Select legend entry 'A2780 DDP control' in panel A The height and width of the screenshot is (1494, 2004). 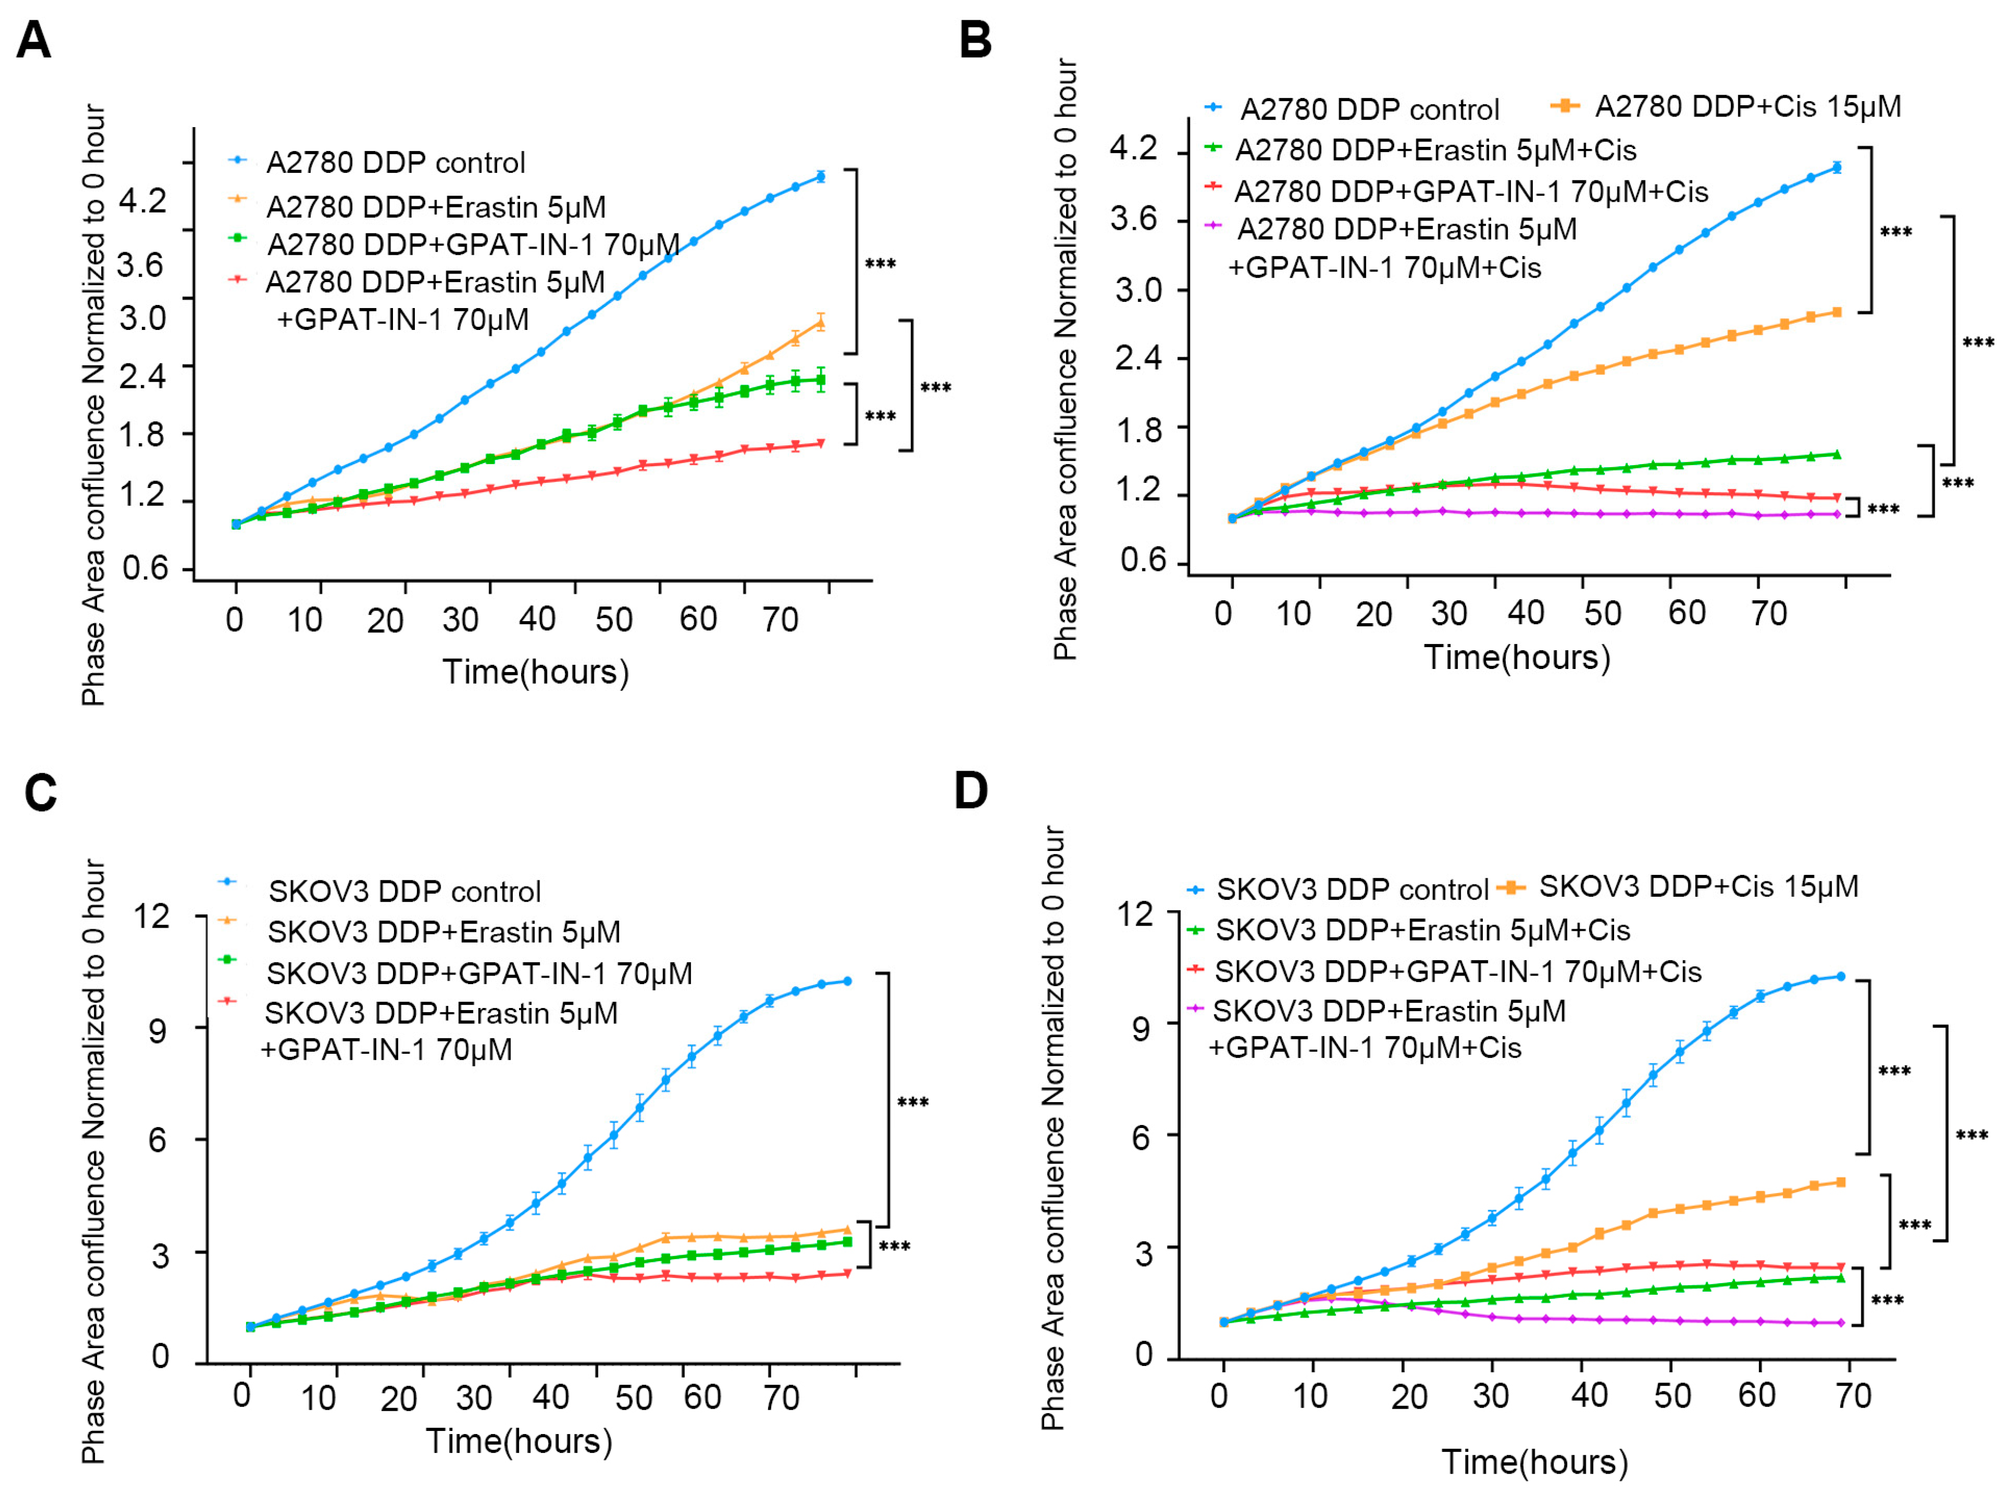[x=395, y=163]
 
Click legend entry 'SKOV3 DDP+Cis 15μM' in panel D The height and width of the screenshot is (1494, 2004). [x=1697, y=886]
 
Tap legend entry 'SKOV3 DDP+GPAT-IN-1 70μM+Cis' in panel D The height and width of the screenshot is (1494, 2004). [x=1457, y=971]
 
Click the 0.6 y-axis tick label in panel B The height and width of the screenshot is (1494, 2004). [x=1143, y=560]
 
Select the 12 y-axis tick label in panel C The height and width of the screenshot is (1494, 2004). [x=151, y=916]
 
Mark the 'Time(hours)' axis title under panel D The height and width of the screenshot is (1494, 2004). [x=1535, y=1462]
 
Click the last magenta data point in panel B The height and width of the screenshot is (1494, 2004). [x=1837, y=514]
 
